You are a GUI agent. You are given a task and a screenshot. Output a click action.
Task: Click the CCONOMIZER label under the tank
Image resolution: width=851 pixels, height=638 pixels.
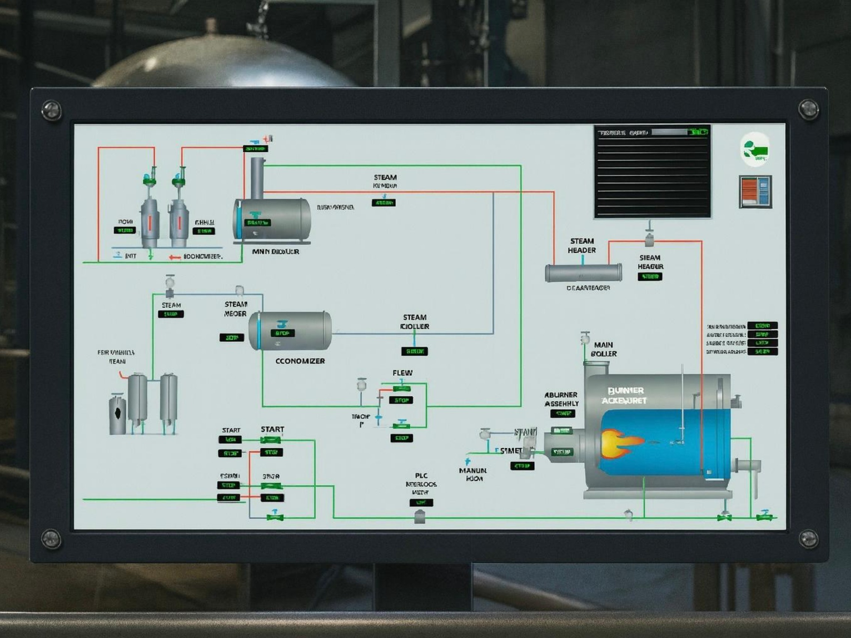click(x=300, y=361)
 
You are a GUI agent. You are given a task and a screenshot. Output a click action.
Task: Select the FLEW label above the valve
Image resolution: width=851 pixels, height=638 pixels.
click(x=402, y=373)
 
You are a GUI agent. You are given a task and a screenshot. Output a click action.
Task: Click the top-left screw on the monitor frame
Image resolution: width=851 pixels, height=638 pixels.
click(x=51, y=110)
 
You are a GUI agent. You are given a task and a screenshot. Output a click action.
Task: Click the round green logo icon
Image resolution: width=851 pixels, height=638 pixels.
click(x=755, y=150)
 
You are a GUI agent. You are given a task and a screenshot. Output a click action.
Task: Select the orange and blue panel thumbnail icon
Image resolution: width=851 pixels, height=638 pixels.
click(x=755, y=192)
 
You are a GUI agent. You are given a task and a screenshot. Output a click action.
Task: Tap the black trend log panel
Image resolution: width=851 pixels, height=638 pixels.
click(x=652, y=172)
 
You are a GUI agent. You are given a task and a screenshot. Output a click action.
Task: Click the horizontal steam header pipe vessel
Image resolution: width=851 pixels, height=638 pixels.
click(x=583, y=273)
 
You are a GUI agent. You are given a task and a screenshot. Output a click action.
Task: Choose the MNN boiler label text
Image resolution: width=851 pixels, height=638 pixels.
click(x=275, y=252)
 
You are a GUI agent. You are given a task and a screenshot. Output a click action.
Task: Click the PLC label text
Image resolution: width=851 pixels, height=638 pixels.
click(x=421, y=475)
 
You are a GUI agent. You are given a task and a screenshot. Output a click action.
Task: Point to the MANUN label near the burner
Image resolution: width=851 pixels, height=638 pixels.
click(x=473, y=470)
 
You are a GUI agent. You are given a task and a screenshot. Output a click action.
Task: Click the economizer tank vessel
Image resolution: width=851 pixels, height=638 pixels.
click(x=290, y=331)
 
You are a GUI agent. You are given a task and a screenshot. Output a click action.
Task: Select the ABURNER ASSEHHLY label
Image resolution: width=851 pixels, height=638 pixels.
click(x=561, y=399)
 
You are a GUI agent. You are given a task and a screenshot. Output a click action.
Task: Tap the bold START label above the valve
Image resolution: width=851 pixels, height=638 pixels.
click(x=272, y=429)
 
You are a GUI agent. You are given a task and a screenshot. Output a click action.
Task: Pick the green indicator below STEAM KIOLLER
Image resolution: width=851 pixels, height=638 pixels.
click(x=414, y=351)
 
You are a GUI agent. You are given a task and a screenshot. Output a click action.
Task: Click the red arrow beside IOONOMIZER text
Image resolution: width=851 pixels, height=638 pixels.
click(x=175, y=257)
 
